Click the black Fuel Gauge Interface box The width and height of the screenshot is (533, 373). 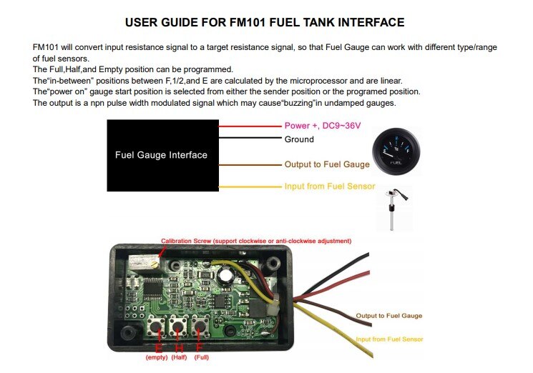coord(161,155)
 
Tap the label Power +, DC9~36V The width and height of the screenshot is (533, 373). coord(322,126)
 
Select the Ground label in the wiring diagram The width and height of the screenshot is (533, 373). coord(299,139)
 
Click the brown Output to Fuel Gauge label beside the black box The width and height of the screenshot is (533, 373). coord(327,164)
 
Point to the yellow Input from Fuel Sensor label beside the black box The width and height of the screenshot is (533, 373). coord(329,187)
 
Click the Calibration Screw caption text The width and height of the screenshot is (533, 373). coord(255,241)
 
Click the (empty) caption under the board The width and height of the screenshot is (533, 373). coord(156,357)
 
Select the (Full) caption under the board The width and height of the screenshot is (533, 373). coord(202,357)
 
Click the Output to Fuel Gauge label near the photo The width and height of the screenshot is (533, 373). coord(389,315)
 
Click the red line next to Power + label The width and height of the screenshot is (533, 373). coord(250,126)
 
